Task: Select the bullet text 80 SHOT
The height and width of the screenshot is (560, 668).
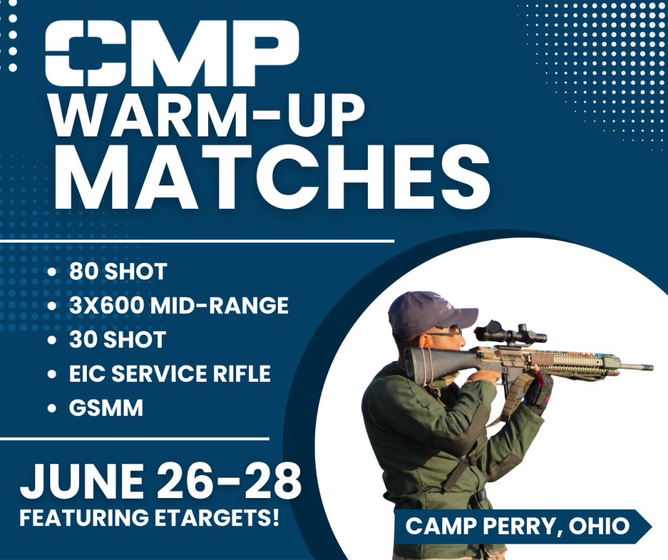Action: (118, 272)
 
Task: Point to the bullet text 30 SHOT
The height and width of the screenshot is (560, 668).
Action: (118, 339)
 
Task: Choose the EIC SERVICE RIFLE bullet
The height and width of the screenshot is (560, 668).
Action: (170, 374)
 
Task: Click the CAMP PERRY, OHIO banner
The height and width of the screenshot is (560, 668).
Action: (519, 526)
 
